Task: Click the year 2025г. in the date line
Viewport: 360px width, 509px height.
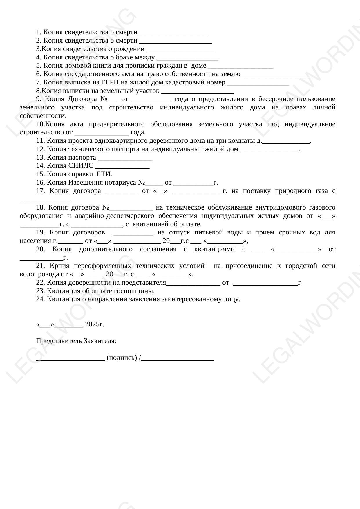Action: [95, 324]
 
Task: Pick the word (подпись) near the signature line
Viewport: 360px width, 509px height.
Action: [122, 358]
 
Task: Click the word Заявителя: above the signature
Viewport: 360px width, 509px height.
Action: [100, 341]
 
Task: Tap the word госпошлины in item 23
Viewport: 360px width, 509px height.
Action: [139, 291]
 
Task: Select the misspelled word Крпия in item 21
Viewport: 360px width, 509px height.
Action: [59, 266]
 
